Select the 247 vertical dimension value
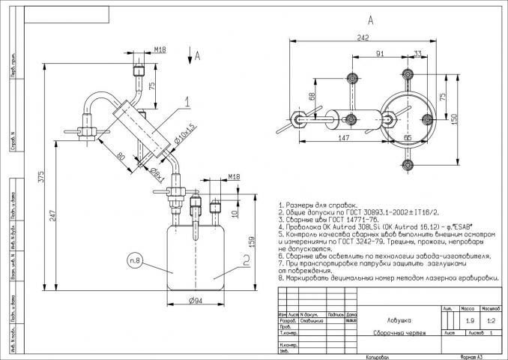[x=54, y=214]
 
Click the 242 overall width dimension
[x=362, y=36]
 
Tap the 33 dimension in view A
[x=417, y=54]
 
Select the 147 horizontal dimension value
[x=344, y=139]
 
